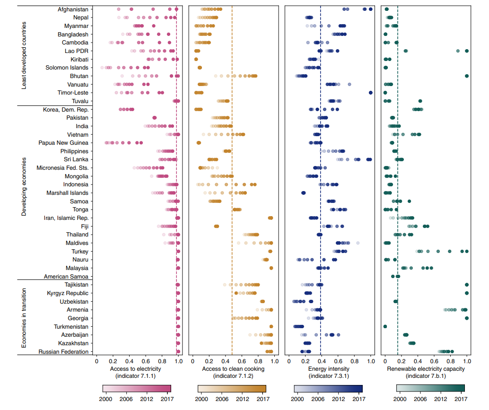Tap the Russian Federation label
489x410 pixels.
63,352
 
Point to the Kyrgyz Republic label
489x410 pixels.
68,293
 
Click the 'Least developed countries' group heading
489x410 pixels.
24,55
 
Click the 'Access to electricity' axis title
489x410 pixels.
135,369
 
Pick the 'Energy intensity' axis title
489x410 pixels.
329,369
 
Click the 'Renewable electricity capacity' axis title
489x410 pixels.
426,369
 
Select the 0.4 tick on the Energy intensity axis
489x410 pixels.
322,361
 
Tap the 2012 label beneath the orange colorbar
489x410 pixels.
243,399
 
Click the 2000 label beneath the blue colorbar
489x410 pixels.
297,399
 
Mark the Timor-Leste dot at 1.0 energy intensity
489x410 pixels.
370,93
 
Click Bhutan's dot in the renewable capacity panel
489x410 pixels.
467,76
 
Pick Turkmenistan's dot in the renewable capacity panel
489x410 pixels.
385,327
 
